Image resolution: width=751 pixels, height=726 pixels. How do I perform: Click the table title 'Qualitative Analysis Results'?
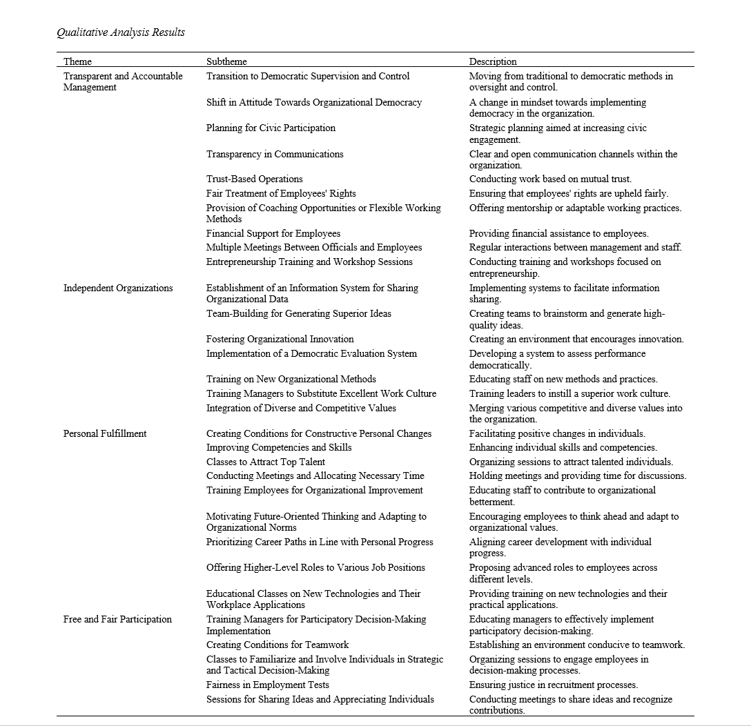click(x=121, y=32)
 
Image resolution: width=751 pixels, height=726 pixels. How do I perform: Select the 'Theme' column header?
click(x=77, y=61)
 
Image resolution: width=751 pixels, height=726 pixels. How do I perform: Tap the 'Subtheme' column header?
click(x=226, y=61)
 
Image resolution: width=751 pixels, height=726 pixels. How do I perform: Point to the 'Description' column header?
click(x=493, y=61)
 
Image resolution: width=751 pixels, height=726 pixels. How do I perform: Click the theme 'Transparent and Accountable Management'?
click(x=123, y=81)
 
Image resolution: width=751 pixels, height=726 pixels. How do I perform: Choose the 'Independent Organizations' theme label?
click(x=118, y=288)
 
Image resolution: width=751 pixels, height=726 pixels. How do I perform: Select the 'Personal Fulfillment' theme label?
click(x=105, y=433)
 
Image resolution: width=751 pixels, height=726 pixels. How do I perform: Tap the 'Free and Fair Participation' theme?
click(x=117, y=619)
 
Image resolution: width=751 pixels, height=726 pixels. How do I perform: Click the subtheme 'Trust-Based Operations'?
click(x=255, y=179)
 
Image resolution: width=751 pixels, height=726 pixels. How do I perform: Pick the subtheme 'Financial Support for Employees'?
click(x=273, y=233)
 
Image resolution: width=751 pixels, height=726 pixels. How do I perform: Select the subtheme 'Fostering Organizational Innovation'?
click(x=280, y=339)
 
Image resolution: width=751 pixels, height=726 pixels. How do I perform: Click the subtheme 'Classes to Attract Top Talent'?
click(x=266, y=462)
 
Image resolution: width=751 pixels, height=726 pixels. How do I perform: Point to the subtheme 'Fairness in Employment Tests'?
click(x=268, y=685)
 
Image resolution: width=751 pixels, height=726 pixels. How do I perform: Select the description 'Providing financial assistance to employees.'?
click(x=559, y=233)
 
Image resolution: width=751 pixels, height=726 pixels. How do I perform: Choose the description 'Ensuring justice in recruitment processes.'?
click(x=554, y=685)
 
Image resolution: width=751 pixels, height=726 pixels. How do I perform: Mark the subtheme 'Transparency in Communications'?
click(x=275, y=154)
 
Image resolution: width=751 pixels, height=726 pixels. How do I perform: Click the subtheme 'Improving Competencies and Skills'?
click(x=279, y=447)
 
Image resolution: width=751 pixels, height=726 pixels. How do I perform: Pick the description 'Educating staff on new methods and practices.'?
click(x=563, y=379)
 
